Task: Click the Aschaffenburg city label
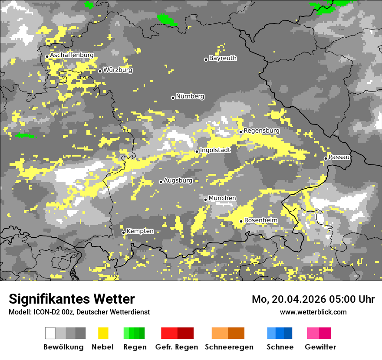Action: coord(72,55)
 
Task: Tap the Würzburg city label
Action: coord(118,70)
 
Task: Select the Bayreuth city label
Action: coord(223,58)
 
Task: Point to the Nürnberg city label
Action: coord(190,96)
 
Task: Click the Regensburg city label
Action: coord(261,131)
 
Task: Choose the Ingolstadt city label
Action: coord(215,150)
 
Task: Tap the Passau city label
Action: coord(339,157)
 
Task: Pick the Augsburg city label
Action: coord(178,180)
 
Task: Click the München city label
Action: coord(222,198)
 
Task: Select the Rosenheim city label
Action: coord(260,220)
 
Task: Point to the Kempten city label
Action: coord(140,231)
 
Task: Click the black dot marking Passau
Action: coord(326,158)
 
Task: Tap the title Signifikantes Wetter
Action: coord(72,299)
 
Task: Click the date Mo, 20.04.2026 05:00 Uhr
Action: coord(313,299)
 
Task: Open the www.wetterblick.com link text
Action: coord(313,312)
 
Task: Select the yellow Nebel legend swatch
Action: coord(103,333)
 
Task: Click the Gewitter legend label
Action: coord(320,347)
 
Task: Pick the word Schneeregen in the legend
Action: coord(229,347)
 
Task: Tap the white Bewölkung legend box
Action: coord(50,333)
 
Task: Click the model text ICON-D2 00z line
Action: coord(79,312)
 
